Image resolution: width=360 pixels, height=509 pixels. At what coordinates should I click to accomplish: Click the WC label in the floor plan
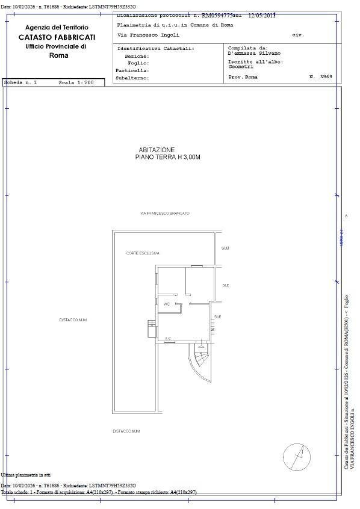[166, 304]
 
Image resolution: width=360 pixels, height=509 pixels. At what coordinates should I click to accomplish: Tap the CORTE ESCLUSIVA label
[143, 253]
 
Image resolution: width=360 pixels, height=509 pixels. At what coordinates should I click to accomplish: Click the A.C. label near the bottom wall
[168, 339]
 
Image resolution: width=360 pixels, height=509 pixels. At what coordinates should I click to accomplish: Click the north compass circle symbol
[297, 457]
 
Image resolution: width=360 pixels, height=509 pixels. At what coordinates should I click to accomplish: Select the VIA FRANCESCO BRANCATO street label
[164, 214]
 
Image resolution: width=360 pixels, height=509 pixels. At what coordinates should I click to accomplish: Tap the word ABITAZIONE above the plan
[157, 149]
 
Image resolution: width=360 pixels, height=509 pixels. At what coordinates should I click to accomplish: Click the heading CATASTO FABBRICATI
[57, 37]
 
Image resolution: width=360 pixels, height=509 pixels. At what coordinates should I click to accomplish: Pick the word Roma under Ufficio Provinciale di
[58, 55]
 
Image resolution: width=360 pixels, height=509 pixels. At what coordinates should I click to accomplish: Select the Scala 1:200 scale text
[76, 82]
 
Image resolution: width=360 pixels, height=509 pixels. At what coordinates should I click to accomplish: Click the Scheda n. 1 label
[20, 82]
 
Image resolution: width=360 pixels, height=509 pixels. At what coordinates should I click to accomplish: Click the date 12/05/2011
[262, 16]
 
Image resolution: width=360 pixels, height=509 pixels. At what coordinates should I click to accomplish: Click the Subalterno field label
[132, 78]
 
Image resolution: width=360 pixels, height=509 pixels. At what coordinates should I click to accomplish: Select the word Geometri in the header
[241, 67]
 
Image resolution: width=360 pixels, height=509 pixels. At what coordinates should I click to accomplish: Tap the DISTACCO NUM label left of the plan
[73, 320]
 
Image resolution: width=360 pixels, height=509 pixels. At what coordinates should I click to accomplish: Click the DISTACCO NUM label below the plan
[126, 431]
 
